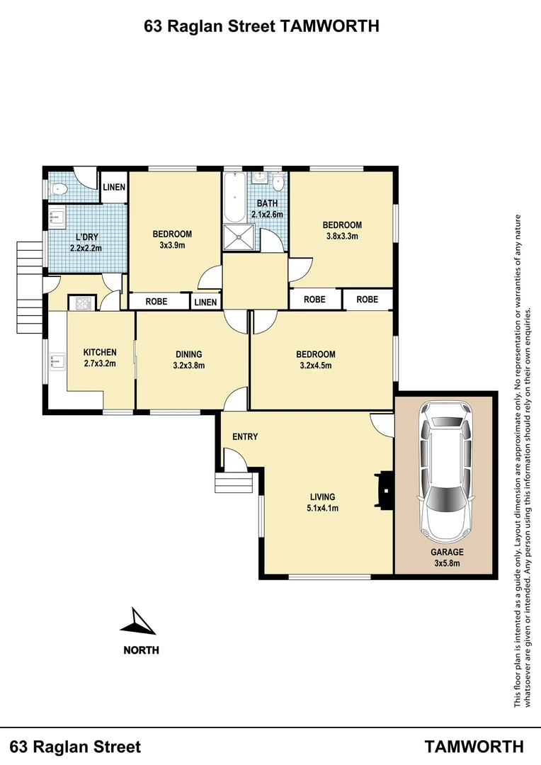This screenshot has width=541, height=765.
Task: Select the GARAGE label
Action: pos(447,552)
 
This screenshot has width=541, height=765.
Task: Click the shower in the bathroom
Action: pos(239,237)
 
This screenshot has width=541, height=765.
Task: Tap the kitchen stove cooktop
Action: pos(81,303)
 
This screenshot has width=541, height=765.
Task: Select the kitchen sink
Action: pos(55,363)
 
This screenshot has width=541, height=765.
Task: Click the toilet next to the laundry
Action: pos(60,188)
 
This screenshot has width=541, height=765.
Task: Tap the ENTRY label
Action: pos(245,437)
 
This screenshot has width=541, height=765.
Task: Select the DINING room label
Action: pos(188,355)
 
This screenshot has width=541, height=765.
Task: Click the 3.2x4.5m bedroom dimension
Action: pos(316,365)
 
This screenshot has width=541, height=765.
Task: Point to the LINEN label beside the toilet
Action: pos(113,188)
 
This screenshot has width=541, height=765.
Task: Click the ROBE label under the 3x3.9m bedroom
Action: pos(156,302)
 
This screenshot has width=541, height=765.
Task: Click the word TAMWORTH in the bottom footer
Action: pos(474,746)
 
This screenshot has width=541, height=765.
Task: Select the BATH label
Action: pos(267,204)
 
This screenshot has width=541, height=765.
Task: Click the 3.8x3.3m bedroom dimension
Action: pos(342,236)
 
